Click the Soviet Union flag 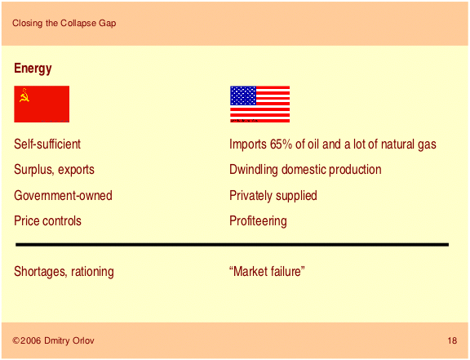tap(42, 104)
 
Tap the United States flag tap(259, 104)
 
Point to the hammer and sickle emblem tap(24, 96)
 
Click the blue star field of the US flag tap(243, 96)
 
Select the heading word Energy tap(33, 69)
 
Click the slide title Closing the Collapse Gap tap(64, 23)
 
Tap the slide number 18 tap(452, 340)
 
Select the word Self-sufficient tap(47, 144)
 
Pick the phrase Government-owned tap(64, 196)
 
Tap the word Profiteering tap(258, 221)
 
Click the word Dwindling tap(254, 170)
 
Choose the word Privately tap(251, 196)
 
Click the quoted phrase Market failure tap(267, 272)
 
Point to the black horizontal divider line tap(232, 245)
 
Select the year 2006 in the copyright tap(30, 340)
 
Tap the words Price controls tap(47, 221)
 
